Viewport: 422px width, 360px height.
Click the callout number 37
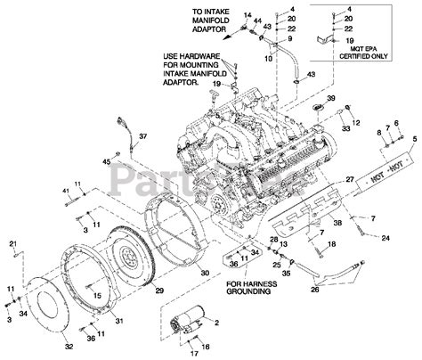coord(144,136)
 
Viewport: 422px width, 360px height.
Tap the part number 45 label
coord(105,161)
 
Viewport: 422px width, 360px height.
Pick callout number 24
coord(385,239)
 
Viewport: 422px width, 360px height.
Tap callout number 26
coord(313,289)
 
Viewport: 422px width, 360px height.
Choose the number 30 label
coord(204,273)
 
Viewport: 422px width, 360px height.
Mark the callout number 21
coord(12,244)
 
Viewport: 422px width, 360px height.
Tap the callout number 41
coord(65,191)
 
